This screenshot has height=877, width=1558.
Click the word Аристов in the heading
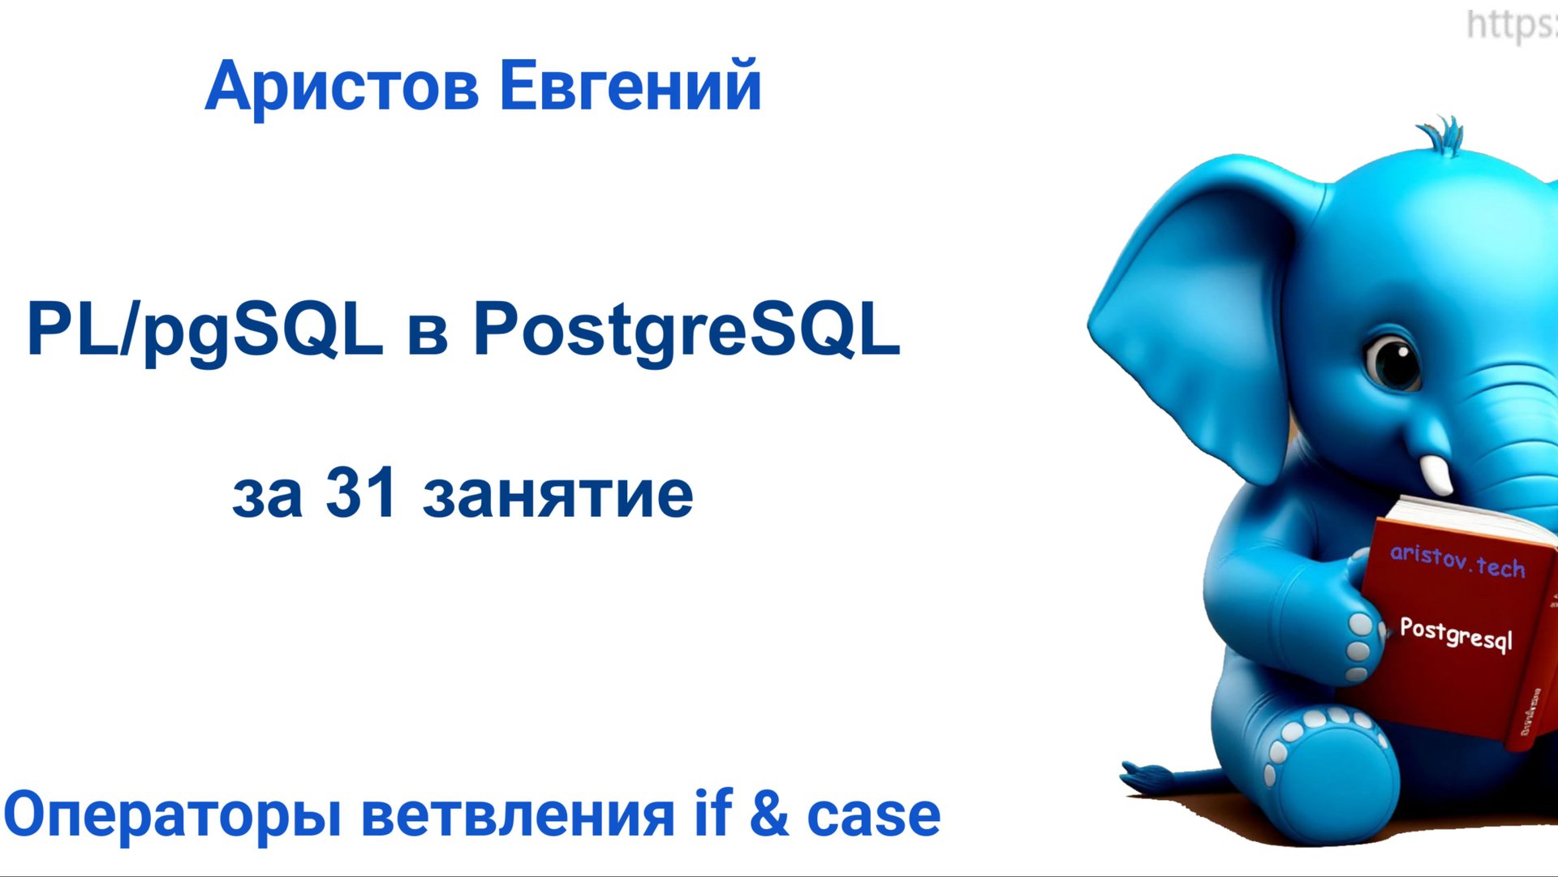(342, 88)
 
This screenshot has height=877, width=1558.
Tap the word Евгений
(631, 86)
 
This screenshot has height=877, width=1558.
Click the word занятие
(557, 495)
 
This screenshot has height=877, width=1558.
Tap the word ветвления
(518, 815)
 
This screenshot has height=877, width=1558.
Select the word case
(873, 815)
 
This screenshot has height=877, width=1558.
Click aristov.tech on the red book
(1457, 561)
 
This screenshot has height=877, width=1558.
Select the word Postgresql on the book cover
(1456, 634)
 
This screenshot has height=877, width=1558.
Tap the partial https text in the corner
(1511, 24)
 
